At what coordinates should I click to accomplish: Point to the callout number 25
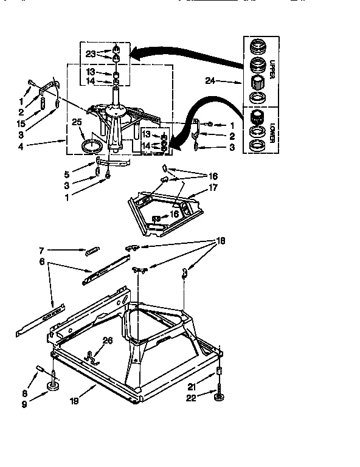(77, 122)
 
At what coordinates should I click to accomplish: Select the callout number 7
(42, 249)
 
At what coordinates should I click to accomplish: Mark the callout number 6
(42, 261)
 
